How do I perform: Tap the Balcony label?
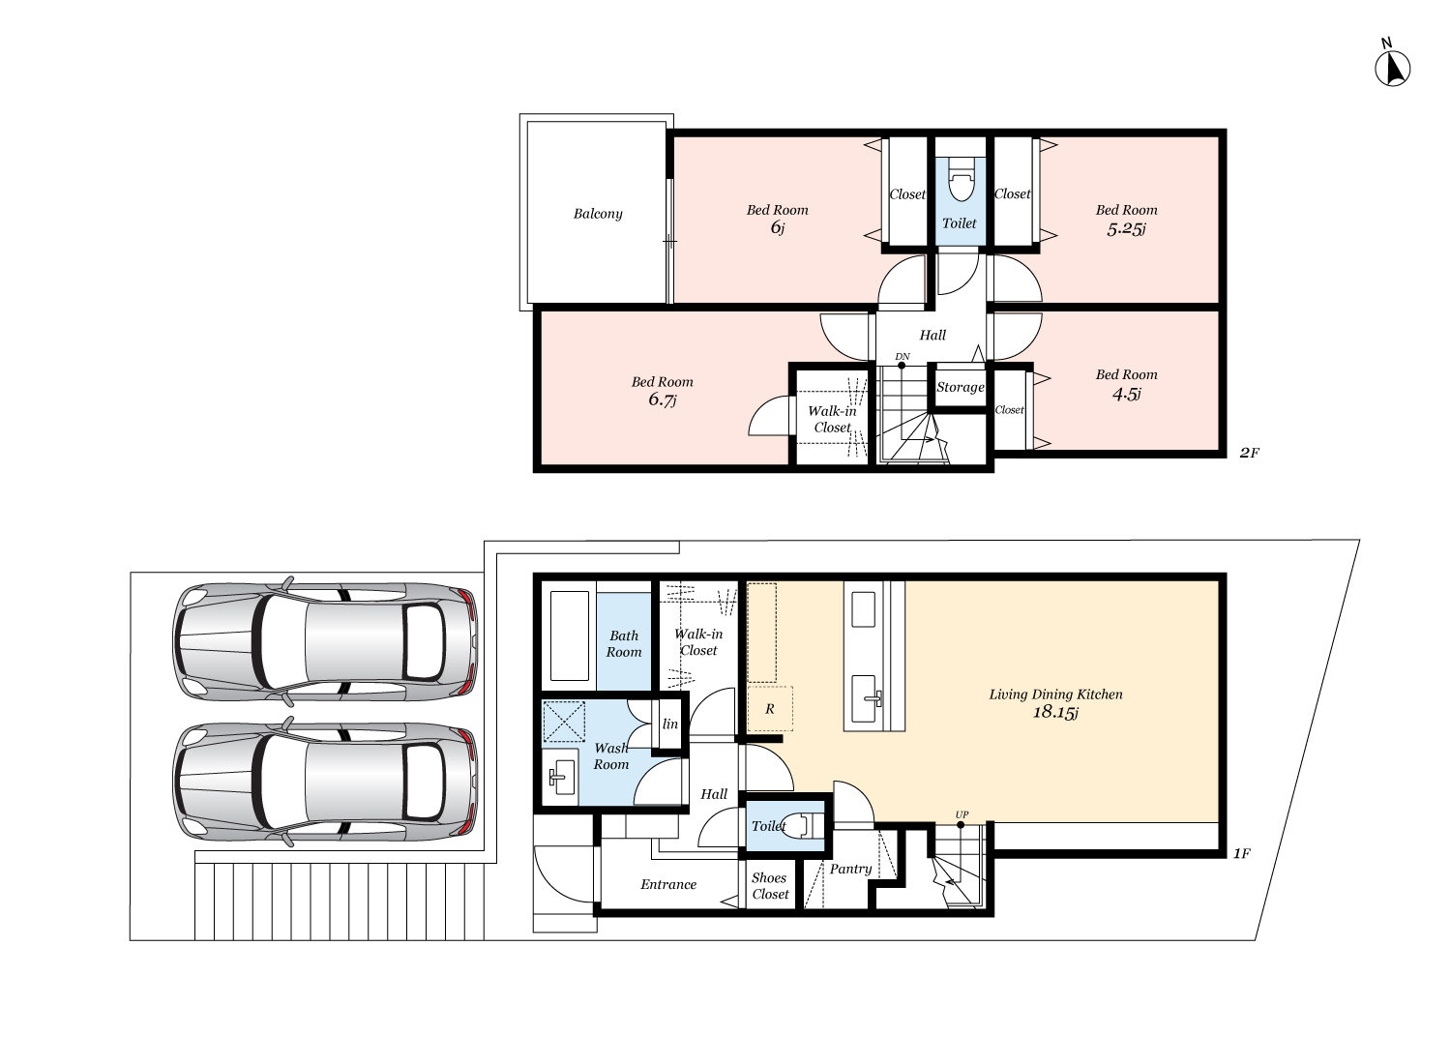pyautogui.click(x=598, y=214)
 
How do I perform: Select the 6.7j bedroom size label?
pyautogui.click(x=662, y=399)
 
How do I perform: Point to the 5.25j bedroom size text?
pyautogui.click(x=1127, y=228)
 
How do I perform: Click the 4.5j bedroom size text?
pyautogui.click(x=1127, y=394)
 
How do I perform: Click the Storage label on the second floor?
pyautogui.click(x=960, y=387)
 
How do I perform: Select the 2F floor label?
pyautogui.click(x=1250, y=454)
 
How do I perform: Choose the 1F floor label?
pyautogui.click(x=1241, y=854)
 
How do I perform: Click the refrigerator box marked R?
pyautogui.click(x=770, y=708)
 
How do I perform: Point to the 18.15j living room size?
pyautogui.click(x=1055, y=712)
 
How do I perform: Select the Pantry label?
pyautogui.click(x=850, y=869)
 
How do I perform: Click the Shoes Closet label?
pyautogui.click(x=770, y=886)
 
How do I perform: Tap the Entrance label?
pyautogui.click(x=668, y=885)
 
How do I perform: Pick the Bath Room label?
pyautogui.click(x=624, y=643)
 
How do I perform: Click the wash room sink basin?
pyautogui.click(x=561, y=772)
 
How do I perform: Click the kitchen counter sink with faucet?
pyautogui.click(x=864, y=698)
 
